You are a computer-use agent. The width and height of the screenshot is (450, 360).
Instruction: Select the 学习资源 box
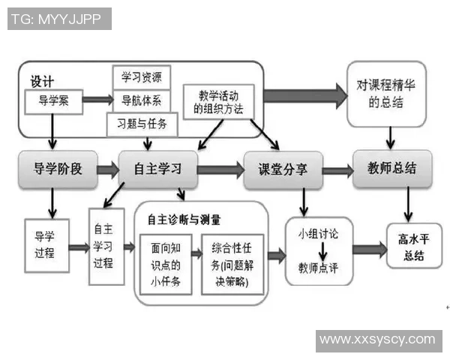[x=142, y=76]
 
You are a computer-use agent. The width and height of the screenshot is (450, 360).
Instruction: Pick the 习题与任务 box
[x=142, y=123]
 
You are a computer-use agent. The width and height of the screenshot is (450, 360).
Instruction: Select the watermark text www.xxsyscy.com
[x=377, y=340]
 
